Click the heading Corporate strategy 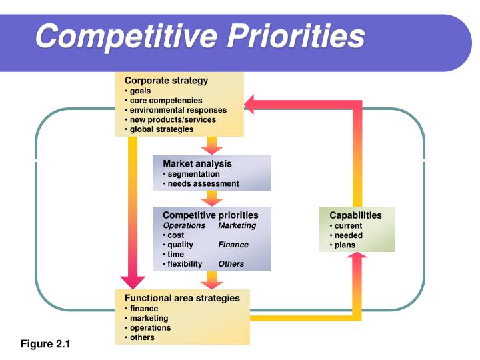coord(167,81)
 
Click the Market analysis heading coord(197,163)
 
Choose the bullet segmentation coord(193,174)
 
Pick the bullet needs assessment coord(203,183)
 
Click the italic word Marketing coord(237,225)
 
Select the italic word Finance coord(233,245)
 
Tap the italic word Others coord(231,263)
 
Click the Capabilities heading coord(355,215)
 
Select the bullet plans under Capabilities coord(345,245)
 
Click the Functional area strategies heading coord(181,298)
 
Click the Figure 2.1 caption coord(45,344)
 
